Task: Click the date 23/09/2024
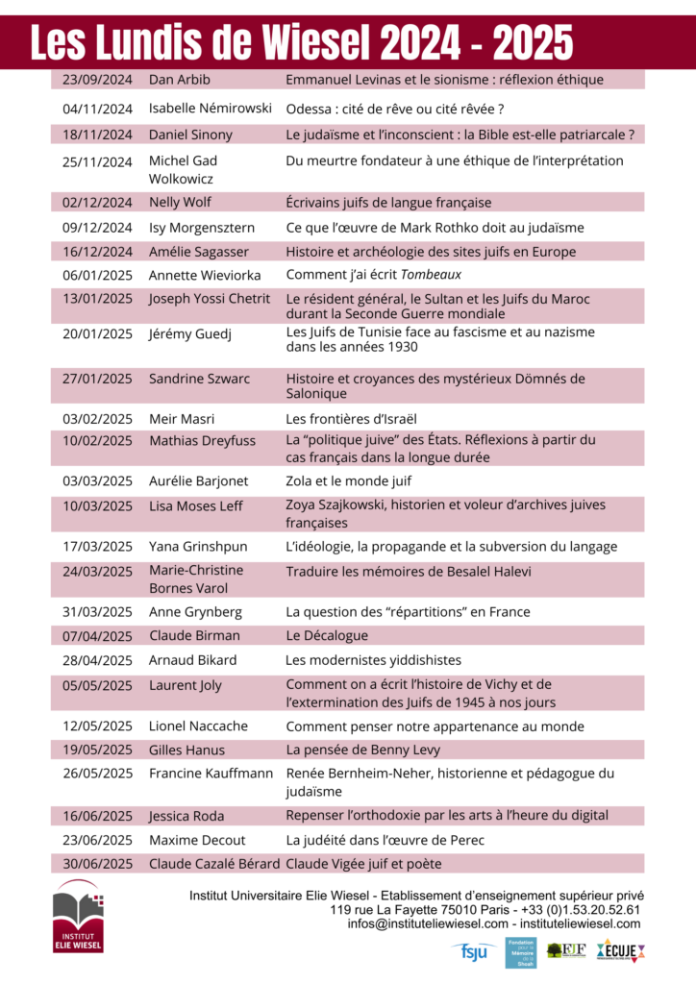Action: (x=97, y=79)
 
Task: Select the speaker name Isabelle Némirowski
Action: (x=210, y=109)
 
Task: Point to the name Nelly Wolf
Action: (x=180, y=203)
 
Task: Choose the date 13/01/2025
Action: (x=97, y=299)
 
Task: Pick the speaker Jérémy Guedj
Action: (x=189, y=334)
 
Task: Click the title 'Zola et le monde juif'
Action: (x=348, y=480)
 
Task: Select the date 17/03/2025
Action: (x=97, y=547)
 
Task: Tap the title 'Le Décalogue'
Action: (x=327, y=636)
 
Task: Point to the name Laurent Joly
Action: (x=185, y=685)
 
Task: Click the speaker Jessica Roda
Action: (x=186, y=816)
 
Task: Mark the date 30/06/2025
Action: (x=97, y=864)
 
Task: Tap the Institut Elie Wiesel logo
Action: (x=78, y=921)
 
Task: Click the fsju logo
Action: (x=474, y=951)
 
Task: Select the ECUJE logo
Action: (x=621, y=950)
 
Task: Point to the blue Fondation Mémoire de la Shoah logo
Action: (x=520, y=951)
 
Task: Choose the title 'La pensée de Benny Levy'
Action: (x=360, y=750)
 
